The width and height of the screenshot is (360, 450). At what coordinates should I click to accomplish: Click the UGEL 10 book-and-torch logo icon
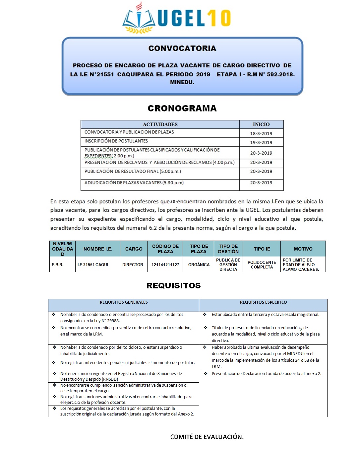click(139, 19)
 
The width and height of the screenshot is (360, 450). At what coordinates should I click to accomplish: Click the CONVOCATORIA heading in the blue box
click(182, 48)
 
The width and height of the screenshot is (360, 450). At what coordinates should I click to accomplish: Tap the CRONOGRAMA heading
click(182, 109)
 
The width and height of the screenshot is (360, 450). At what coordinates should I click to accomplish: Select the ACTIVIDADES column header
click(160, 124)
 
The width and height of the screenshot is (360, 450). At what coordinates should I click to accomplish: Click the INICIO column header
click(261, 124)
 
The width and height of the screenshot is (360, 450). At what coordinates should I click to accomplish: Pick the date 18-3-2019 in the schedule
click(261, 133)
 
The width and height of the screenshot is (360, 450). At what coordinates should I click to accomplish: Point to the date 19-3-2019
click(261, 142)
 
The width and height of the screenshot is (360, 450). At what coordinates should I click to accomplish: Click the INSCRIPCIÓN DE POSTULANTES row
click(116, 141)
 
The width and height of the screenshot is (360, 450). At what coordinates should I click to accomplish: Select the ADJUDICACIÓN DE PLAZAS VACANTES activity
click(134, 183)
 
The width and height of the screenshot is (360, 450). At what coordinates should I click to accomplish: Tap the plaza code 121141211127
click(165, 265)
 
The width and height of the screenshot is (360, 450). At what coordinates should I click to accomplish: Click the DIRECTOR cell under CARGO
click(133, 265)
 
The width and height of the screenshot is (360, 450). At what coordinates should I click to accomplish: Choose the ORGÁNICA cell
click(199, 265)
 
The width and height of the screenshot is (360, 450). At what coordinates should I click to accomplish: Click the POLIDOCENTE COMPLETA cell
click(262, 265)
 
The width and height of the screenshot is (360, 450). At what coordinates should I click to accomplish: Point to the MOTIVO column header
click(303, 249)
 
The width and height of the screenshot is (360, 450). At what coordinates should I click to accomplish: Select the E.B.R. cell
click(57, 265)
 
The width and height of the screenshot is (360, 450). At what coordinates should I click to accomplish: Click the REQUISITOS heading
click(173, 286)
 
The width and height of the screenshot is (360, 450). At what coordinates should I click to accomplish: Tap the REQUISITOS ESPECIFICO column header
click(263, 302)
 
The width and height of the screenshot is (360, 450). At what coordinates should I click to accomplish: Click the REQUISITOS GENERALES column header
click(124, 302)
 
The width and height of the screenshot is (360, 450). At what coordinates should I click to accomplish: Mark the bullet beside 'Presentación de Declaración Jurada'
click(206, 374)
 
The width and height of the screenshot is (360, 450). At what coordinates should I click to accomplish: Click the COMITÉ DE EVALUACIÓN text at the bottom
click(207, 437)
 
